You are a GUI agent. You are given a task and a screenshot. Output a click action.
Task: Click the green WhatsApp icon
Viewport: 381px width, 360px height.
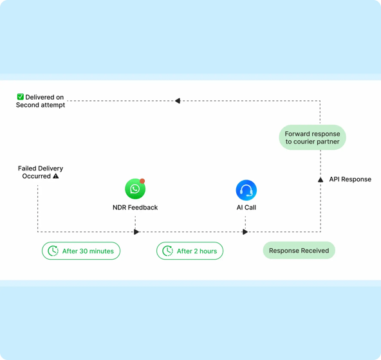click(135, 189)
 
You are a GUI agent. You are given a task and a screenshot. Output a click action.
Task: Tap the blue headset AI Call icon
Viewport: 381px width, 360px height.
click(246, 190)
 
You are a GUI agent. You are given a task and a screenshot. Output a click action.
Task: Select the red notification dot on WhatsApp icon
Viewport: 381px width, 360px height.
click(142, 181)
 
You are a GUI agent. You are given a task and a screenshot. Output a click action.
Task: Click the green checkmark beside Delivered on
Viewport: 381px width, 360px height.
click(21, 96)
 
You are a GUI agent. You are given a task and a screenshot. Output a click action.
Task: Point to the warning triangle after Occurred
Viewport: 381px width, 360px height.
click(56, 175)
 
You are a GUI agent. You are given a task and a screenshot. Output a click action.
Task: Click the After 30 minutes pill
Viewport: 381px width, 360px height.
click(81, 251)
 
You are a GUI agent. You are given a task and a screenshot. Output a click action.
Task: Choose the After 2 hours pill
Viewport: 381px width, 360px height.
click(190, 251)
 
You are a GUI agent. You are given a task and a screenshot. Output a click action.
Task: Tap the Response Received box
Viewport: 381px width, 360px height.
click(299, 250)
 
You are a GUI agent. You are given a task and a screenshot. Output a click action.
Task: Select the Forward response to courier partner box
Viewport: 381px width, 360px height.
click(313, 138)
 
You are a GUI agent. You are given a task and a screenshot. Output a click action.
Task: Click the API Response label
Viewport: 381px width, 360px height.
click(350, 179)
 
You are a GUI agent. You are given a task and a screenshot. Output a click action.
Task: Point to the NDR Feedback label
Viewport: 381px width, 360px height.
click(135, 207)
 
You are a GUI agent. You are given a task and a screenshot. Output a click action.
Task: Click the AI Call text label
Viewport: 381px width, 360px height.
click(246, 207)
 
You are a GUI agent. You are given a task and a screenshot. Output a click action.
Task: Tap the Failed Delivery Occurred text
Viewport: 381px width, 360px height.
click(41, 172)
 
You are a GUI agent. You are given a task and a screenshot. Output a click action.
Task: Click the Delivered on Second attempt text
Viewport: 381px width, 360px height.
click(41, 101)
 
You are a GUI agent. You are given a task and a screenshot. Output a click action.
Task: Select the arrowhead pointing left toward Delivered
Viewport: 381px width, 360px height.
click(178, 101)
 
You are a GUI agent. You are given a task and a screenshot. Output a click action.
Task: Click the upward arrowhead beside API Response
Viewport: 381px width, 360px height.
click(321, 179)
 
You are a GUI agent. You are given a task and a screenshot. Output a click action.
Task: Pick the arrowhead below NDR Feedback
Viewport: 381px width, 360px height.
click(136, 232)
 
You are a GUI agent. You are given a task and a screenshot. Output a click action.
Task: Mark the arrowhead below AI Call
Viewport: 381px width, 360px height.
click(245, 232)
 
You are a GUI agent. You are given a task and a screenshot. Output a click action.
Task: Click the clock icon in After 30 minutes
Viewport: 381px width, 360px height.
click(53, 251)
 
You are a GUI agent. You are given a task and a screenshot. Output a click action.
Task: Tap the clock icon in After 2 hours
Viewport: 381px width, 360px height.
click(168, 251)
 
